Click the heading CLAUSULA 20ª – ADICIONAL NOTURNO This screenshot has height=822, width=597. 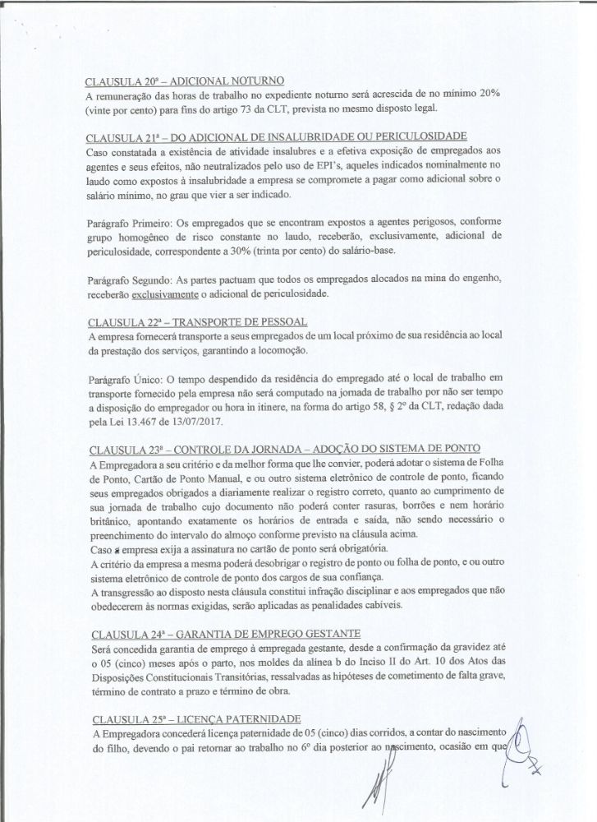pyautogui.click(x=185, y=81)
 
